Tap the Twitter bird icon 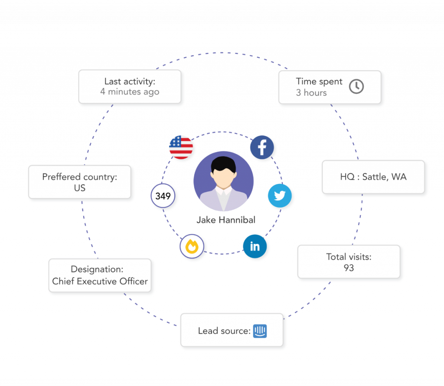(280, 196)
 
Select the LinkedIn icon (255, 246)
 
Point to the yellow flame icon (192, 247)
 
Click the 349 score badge (163, 196)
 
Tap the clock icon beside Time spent (356, 86)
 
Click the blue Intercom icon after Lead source (260, 331)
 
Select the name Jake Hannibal (226, 220)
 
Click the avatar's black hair (224, 164)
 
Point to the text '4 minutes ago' (130, 92)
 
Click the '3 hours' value (311, 92)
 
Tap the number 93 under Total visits (349, 268)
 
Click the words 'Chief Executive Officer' (100, 281)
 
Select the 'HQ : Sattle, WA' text (373, 177)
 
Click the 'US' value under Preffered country (80, 188)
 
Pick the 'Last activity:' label (130, 81)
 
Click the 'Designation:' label (100, 269)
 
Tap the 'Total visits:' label (349, 257)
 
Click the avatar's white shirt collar (224, 192)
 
